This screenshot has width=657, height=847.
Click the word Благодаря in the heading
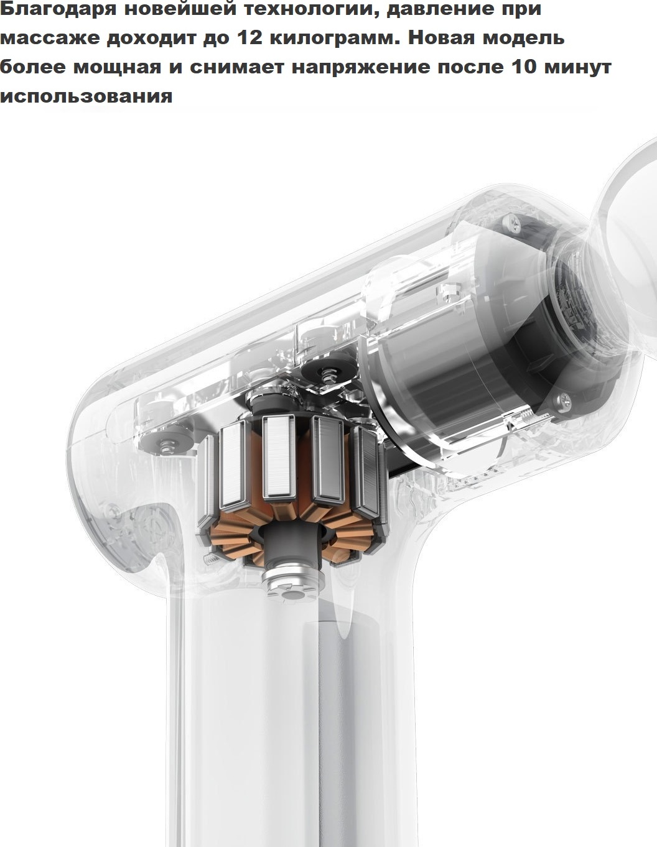58,10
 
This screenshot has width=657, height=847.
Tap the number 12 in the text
249,38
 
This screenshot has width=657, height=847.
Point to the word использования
86,96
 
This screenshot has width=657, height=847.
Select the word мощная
117,68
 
